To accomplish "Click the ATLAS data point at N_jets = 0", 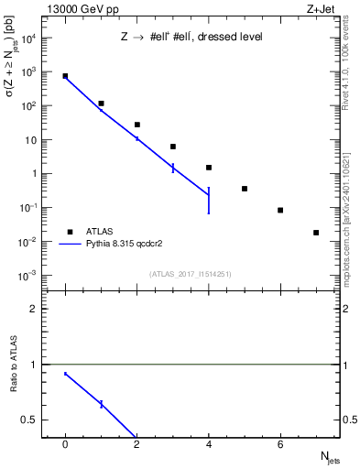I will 65,76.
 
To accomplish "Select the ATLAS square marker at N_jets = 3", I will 173,147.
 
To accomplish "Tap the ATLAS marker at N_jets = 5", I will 245,189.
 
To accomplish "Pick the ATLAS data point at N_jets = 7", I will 316,233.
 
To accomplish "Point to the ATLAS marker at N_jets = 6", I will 280,210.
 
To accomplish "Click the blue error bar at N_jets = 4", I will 209,200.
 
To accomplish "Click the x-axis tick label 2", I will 137,444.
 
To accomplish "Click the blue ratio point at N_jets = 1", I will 101,404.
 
